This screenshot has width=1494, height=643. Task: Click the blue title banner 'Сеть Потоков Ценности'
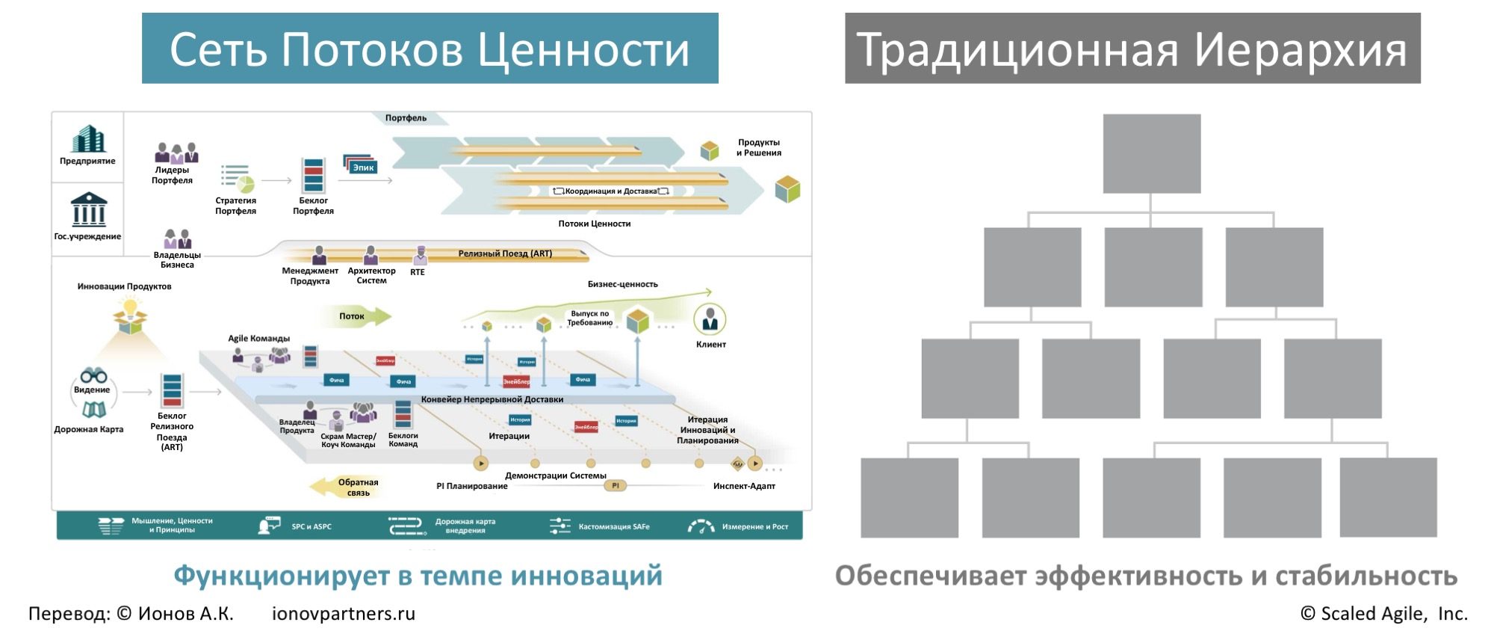coord(430,48)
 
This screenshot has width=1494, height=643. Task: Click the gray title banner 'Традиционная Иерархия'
coord(1132,48)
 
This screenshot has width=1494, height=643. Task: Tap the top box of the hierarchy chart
coord(1151,153)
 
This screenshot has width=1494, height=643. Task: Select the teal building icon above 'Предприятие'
coord(88,139)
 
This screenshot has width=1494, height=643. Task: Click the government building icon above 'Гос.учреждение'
coord(88,210)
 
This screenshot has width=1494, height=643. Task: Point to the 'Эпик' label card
coord(363,167)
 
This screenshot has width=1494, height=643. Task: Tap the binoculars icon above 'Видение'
coord(93,375)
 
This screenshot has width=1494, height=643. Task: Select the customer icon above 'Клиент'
coord(710,320)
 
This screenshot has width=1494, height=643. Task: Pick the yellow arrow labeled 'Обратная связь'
coord(347,487)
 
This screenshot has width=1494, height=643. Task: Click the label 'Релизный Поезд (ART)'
coord(505,253)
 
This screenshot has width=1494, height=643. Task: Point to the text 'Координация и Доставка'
coord(611,191)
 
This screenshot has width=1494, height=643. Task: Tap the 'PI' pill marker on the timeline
coord(615,486)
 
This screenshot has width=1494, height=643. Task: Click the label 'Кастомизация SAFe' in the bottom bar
coord(613,527)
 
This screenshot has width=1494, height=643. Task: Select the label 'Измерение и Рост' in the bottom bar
coord(754,527)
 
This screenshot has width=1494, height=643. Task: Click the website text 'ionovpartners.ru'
coord(343,614)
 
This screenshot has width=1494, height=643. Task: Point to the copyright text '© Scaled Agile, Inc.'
coord(1383,614)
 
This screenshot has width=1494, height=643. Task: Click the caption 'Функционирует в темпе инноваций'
coord(418,576)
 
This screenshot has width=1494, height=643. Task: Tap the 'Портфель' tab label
coord(406,118)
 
